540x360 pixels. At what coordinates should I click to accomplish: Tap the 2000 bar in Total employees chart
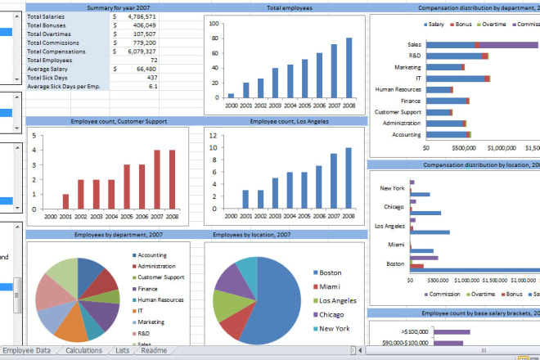231,96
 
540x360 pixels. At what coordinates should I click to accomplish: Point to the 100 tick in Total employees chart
214,24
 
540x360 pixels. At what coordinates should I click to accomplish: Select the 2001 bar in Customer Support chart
65,206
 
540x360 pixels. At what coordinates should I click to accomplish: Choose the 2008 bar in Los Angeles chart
349,180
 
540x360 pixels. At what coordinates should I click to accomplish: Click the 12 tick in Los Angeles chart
213,136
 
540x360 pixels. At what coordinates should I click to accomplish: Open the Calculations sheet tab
84,351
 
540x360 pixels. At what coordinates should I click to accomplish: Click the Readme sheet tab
153,351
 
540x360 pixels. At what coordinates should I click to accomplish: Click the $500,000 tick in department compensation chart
442,148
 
